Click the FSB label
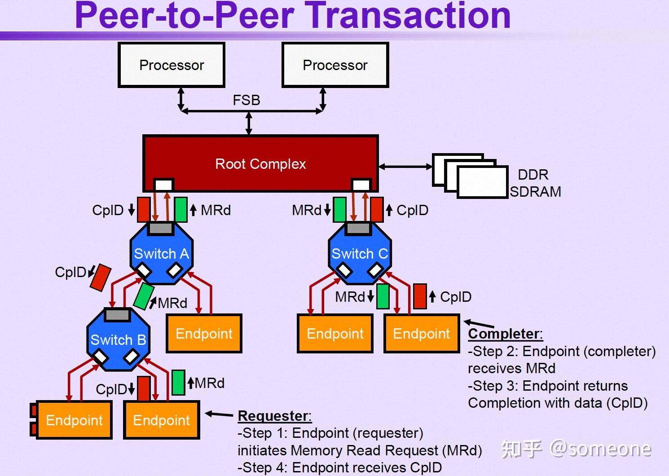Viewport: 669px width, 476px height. (246, 100)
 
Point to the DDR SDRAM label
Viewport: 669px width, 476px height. (534, 183)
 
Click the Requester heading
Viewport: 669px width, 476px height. (274, 416)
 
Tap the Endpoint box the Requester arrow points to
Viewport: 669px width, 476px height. (162, 420)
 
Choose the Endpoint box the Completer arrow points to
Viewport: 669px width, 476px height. (421, 333)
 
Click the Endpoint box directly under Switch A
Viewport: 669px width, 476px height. (204, 333)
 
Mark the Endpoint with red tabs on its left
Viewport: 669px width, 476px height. (74, 420)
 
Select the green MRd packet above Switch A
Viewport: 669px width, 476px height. (181, 210)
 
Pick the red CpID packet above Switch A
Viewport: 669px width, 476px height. (144, 210)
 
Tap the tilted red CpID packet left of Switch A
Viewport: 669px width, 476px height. (101, 278)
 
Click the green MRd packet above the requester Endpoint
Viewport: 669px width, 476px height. (178, 383)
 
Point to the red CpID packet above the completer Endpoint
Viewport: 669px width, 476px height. (420, 296)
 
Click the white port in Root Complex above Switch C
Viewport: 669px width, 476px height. (361, 185)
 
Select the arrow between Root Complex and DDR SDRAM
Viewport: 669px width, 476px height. (405, 167)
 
